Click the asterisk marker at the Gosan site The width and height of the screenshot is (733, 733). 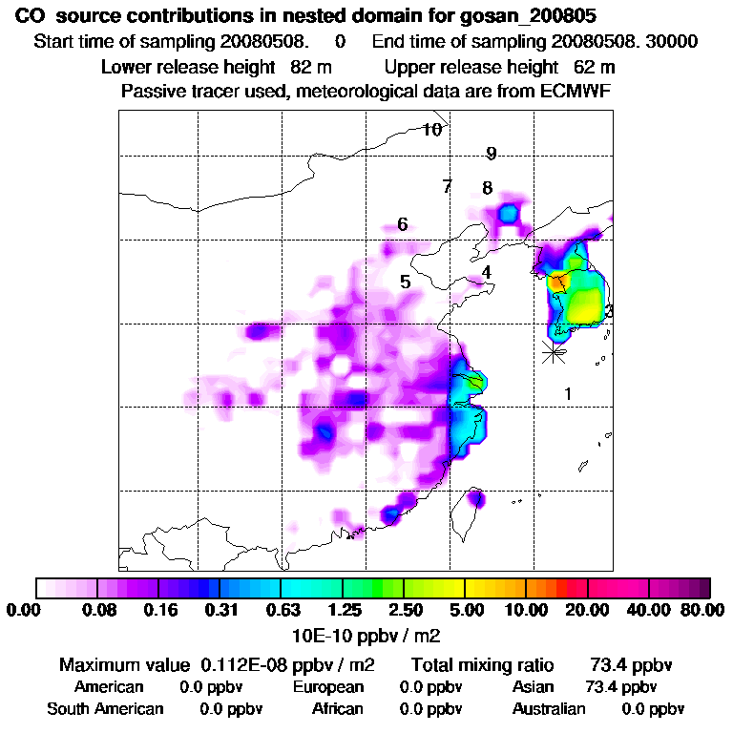(553, 350)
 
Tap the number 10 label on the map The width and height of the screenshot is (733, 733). (432, 130)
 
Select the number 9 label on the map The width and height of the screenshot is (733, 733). (491, 154)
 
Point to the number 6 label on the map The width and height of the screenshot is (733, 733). (403, 224)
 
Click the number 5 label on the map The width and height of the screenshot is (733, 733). (406, 282)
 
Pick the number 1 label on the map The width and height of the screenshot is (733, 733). (568, 393)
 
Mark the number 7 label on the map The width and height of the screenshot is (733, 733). (447, 186)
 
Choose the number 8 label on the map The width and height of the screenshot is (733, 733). (487, 188)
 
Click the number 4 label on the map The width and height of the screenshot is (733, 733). (487, 272)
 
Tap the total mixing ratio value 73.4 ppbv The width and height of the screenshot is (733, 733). (626, 664)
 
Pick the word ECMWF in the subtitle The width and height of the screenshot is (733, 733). (577, 91)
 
